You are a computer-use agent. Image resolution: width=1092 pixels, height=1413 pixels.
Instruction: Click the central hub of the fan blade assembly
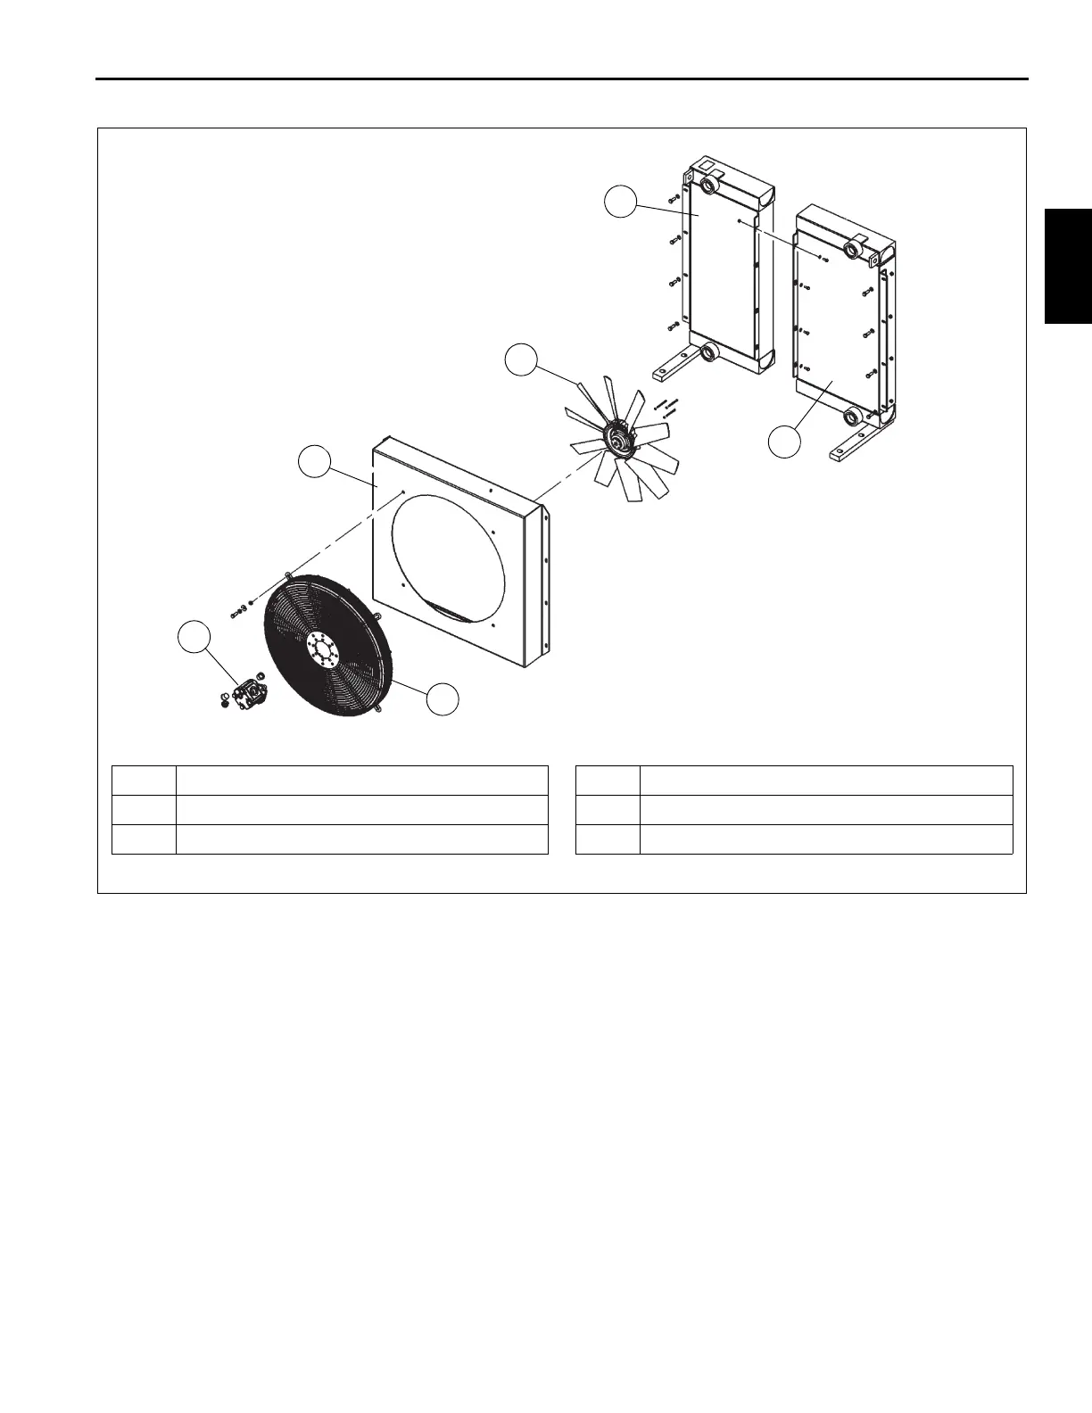616,438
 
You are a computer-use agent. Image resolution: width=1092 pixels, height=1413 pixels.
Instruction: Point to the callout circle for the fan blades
522,360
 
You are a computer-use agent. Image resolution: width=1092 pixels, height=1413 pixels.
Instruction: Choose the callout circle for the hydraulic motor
195,639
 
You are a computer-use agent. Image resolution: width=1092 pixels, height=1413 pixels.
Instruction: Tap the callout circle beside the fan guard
443,698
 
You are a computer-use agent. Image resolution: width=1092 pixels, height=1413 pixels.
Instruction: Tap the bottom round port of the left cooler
711,353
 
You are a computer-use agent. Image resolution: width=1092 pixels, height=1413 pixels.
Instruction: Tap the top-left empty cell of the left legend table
144,780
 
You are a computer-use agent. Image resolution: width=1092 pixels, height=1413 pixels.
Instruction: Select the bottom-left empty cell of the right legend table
608,839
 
